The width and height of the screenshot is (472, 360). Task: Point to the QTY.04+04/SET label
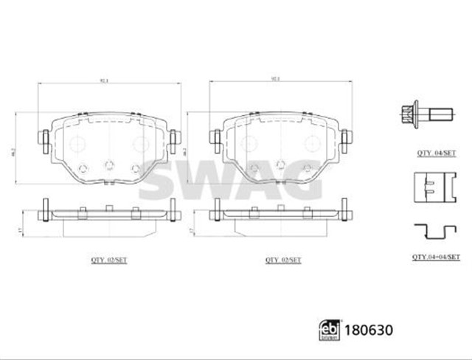tap(435, 256)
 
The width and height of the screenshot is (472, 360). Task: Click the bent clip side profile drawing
tap(434, 232)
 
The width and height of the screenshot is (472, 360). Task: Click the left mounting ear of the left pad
tap(44, 137)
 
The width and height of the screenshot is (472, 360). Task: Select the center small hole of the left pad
tap(108, 165)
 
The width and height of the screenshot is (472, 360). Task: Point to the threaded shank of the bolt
tap(440, 114)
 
